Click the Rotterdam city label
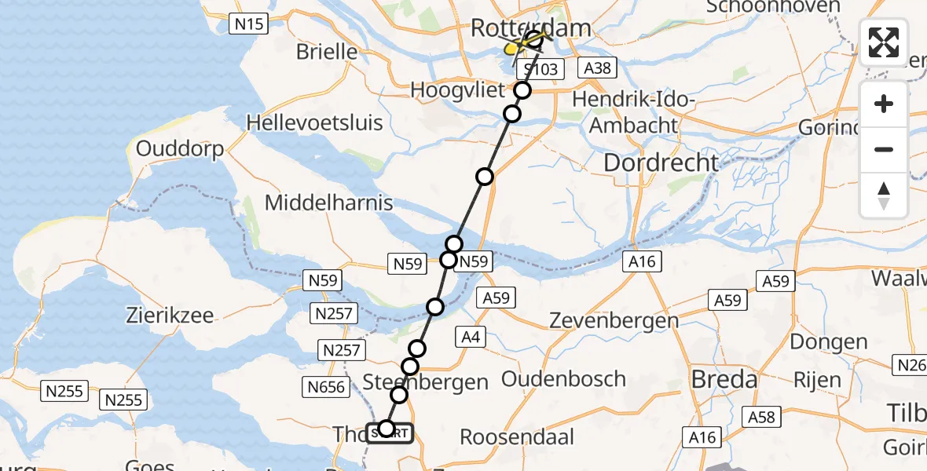click(530, 29)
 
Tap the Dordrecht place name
click(661, 162)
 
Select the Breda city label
click(724, 381)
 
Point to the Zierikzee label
click(170, 316)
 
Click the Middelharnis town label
click(328, 203)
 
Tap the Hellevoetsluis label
click(314, 122)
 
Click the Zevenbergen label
click(614, 320)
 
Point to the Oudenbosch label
click(563, 379)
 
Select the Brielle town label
click(327, 52)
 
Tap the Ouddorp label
click(180, 148)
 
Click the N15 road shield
click(248, 24)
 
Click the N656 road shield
click(325, 386)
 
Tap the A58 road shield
click(762, 418)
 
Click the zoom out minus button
click(884, 149)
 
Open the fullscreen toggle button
click(884, 42)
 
